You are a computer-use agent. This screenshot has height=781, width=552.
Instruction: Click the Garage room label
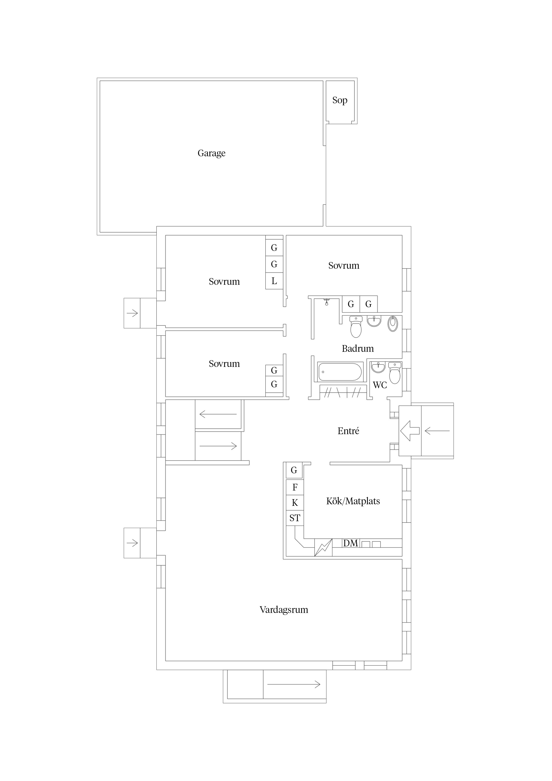coord(211,153)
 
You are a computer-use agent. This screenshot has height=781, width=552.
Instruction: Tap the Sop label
coord(340,100)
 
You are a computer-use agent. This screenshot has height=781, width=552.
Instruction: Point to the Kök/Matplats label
coord(353,501)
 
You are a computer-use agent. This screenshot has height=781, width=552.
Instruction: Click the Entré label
coord(348,431)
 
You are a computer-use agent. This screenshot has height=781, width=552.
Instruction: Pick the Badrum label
coord(358,348)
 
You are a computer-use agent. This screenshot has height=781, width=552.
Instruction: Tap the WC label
coord(380,385)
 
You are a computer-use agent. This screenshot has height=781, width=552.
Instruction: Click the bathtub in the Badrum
coord(340,372)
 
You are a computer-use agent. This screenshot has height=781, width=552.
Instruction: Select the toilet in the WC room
coord(395,373)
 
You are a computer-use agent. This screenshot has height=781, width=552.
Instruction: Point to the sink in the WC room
coord(378,367)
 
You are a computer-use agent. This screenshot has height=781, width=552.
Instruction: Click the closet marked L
coord(274,281)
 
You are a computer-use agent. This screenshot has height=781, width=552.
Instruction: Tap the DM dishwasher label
coord(351,543)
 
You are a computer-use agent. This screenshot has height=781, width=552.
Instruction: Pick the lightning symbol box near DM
coord(323,548)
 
